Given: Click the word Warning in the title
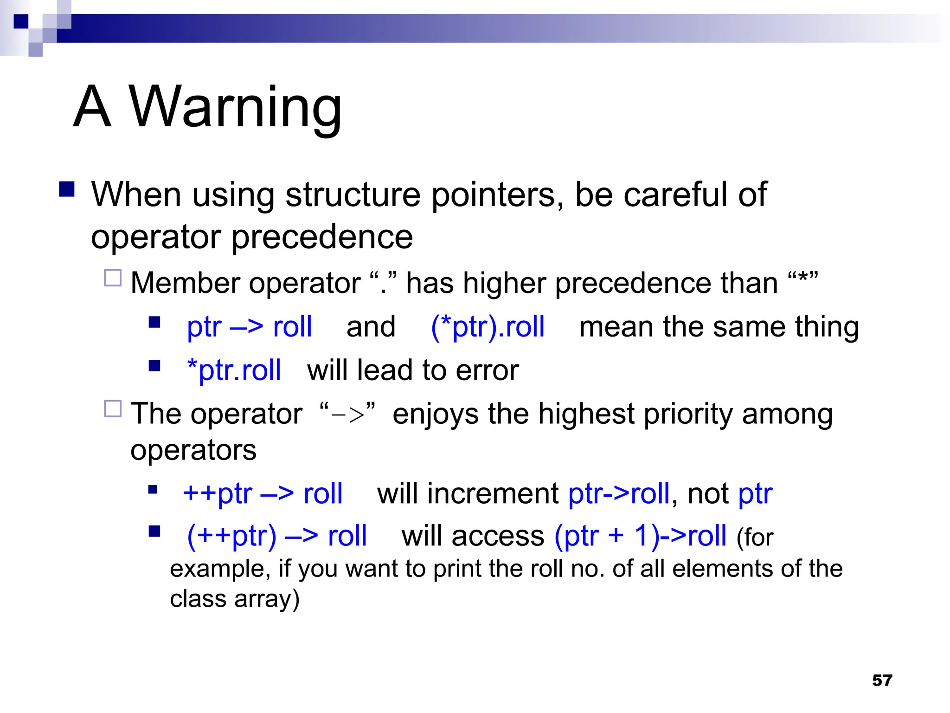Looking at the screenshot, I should [235, 108].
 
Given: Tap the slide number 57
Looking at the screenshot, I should [882, 680].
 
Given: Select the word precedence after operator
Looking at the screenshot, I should [321, 237].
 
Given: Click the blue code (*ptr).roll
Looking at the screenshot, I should [488, 326].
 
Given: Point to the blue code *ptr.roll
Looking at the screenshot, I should [234, 370].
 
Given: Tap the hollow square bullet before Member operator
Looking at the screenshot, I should [113, 278].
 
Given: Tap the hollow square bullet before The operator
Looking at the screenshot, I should [113, 409].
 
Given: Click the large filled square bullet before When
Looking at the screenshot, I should [67, 189].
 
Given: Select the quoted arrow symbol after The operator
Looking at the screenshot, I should [347, 413].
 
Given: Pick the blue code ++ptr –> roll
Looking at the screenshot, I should [263, 493].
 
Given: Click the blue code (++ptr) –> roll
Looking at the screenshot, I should [276, 536].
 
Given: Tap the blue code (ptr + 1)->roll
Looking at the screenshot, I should [640, 536].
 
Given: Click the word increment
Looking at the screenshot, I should [493, 493].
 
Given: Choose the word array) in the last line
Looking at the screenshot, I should [267, 599].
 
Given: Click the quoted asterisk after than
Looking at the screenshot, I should [803, 280].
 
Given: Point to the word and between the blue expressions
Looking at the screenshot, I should [371, 326].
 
